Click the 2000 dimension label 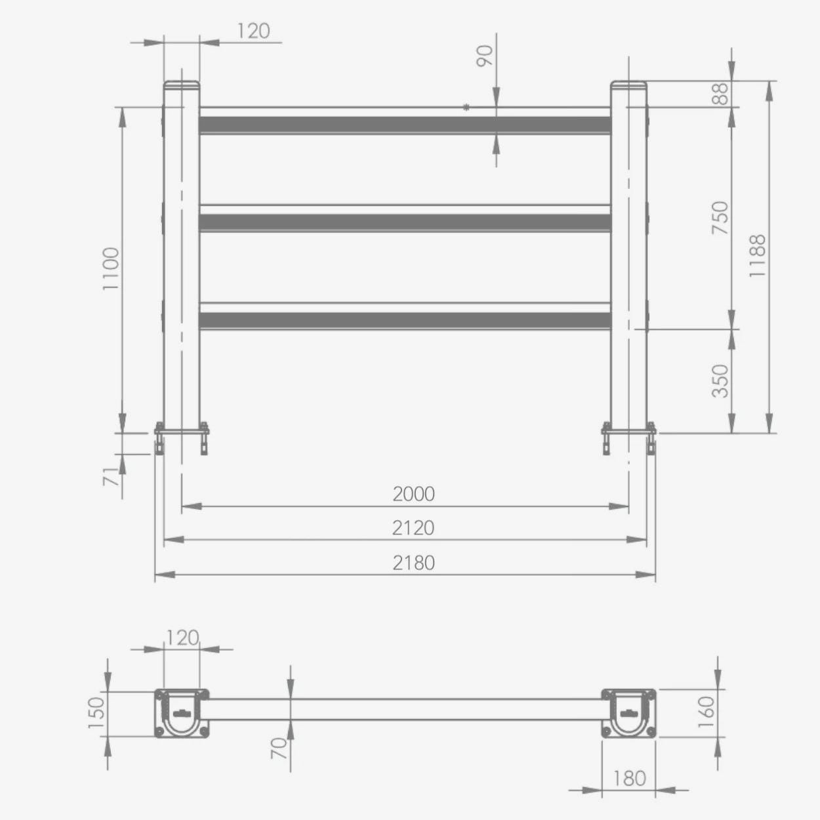coord(413,494)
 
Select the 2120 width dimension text coord(413,528)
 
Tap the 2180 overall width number coord(413,563)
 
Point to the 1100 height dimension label coord(111,269)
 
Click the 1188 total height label coord(757,256)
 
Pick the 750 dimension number coord(720,217)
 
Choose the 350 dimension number coord(720,381)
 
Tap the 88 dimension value coord(720,94)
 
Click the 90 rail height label coord(484,56)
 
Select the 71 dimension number coord(110,476)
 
